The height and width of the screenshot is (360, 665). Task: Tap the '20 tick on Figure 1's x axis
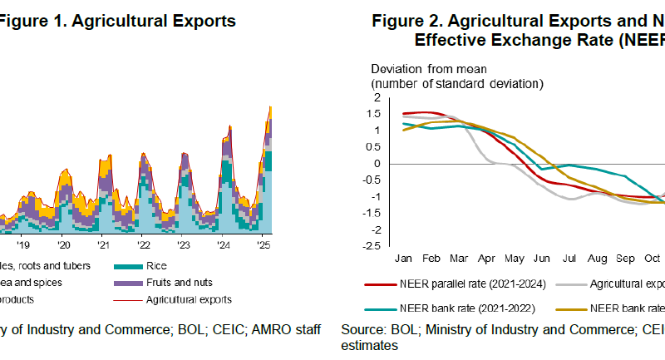pyautogui.click(x=63, y=246)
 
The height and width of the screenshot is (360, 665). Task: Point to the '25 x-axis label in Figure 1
pyautogui.click(x=263, y=246)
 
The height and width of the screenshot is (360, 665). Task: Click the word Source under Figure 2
pyautogui.click(x=362, y=330)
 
